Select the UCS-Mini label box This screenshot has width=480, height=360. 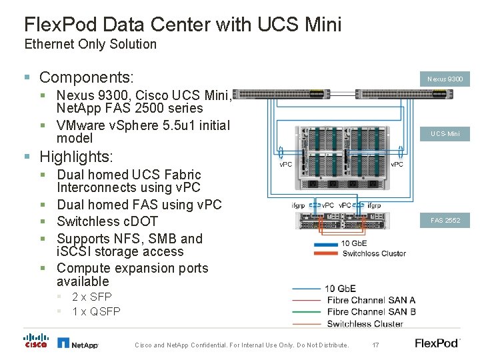444,134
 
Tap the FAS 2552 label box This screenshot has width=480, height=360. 444,220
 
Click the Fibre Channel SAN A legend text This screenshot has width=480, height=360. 371,300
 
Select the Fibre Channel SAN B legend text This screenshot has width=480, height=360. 371,311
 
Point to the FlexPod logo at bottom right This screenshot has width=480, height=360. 437,343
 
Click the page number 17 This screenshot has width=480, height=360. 375,345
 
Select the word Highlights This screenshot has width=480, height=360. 76,157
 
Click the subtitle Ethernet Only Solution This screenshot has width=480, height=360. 90,45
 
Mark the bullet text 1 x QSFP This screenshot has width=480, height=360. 96,311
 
